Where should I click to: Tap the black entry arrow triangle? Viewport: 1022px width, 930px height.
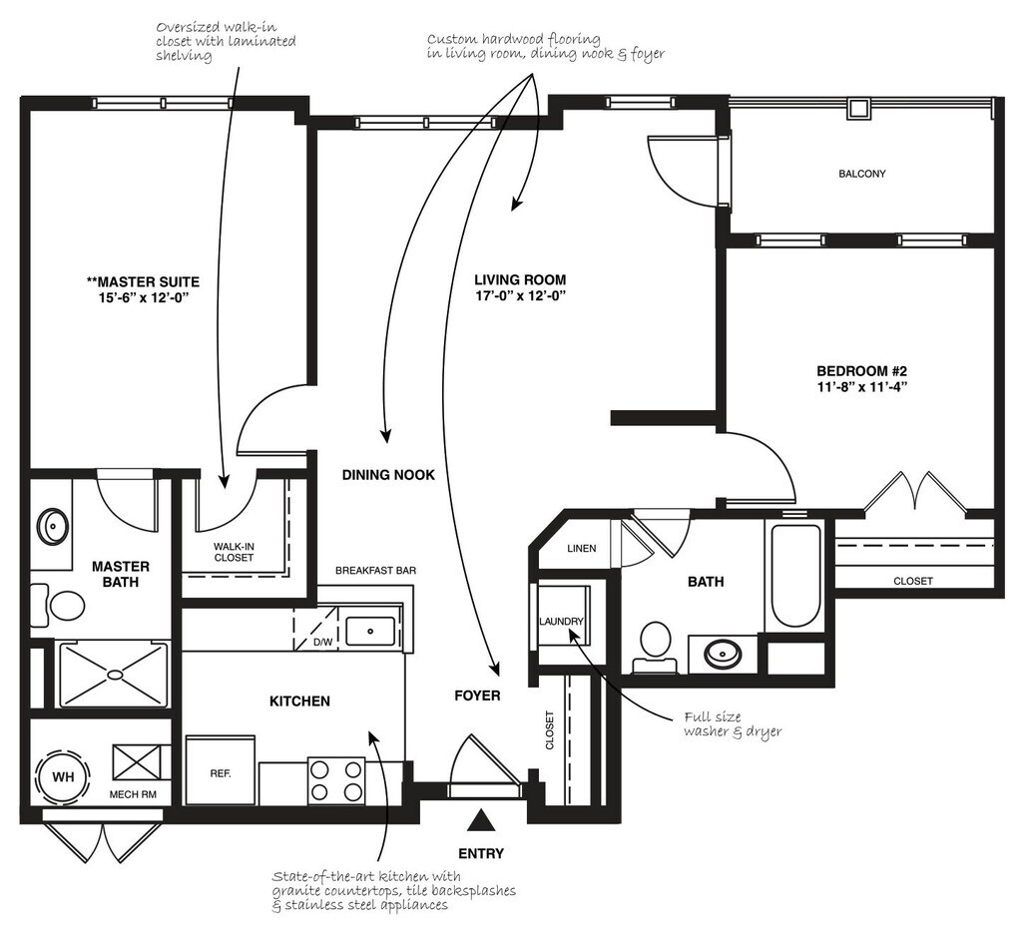pos(482,820)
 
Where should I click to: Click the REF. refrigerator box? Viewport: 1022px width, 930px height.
pos(221,772)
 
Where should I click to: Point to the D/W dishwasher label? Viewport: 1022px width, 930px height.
pos(322,642)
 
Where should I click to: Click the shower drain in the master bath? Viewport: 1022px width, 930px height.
pos(116,675)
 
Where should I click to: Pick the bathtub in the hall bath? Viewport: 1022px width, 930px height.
pos(794,576)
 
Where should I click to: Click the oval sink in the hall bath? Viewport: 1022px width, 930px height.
pos(723,655)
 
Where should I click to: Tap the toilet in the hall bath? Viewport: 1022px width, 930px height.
pos(656,641)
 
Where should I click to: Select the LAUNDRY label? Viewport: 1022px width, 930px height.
pos(561,622)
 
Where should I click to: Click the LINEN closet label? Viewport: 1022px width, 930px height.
pos(581,549)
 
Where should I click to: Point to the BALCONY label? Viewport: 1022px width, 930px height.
pos(861,174)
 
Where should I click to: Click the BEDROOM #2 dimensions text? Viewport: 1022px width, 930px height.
pos(861,390)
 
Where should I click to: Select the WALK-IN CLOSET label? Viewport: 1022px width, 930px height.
pos(234,552)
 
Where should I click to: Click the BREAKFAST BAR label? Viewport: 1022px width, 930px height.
pos(375,571)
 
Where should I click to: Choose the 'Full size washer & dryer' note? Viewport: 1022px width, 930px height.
pos(732,724)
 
